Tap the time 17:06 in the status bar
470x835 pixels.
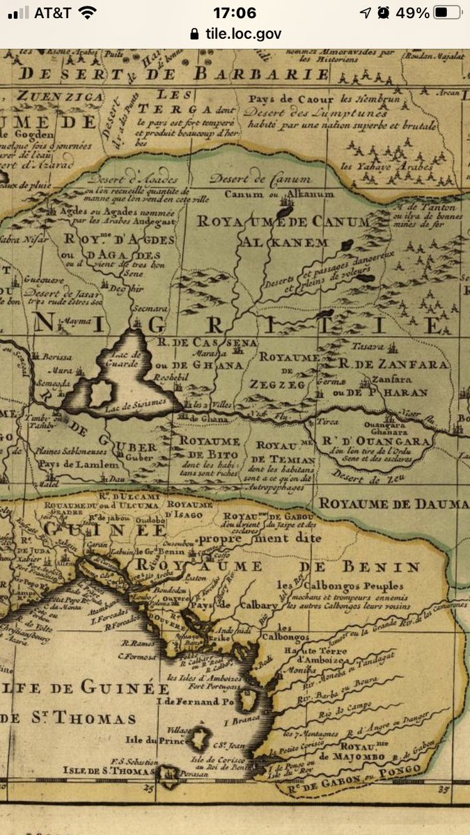point(235,13)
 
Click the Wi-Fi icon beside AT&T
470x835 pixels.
point(88,13)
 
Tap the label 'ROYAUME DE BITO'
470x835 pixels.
point(210,447)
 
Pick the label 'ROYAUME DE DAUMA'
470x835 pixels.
point(393,503)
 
